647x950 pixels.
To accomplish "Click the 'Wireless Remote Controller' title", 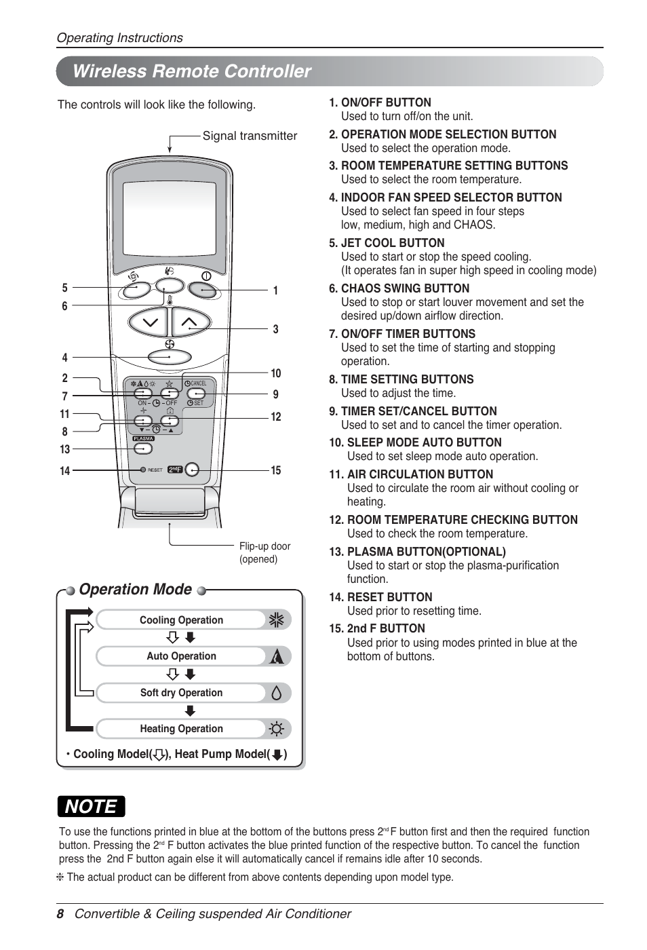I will tap(191, 71).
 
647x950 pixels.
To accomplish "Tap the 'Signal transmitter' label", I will tap(250, 136).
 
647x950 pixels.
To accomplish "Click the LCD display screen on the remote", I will tap(170, 217).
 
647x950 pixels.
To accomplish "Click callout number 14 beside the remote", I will tap(65, 471).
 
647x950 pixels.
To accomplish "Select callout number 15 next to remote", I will tap(276, 470).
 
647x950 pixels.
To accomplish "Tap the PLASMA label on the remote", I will tap(143, 438).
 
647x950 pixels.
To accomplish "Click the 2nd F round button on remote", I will tap(192, 470).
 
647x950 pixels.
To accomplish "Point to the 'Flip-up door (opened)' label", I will tap(264, 552).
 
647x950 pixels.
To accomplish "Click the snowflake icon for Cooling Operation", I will tap(276, 620).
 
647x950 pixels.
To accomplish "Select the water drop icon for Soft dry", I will tap(276, 693).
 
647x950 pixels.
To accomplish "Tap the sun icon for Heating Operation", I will tap(276, 729).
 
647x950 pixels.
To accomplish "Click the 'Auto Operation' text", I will tap(181, 656).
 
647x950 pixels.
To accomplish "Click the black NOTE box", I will tap(92, 806).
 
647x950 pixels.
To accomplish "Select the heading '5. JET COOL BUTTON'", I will tap(387, 243).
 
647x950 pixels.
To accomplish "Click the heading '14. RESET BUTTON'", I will tap(380, 597).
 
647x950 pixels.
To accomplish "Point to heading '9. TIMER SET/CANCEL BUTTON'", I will tap(412, 411).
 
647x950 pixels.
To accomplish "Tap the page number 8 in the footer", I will tap(60, 914).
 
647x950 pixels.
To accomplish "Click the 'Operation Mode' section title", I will tap(135, 589).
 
